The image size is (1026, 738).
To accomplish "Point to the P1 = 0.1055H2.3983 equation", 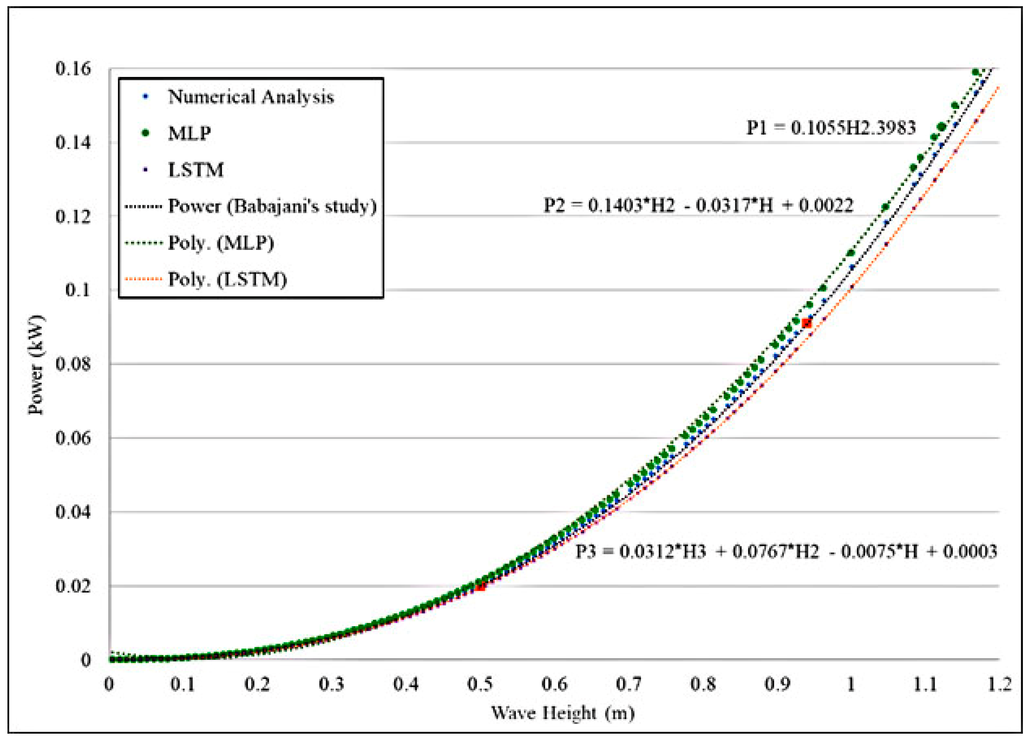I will point(831,128).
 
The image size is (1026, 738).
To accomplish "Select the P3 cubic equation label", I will point(786,551).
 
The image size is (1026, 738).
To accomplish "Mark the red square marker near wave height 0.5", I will point(481,586).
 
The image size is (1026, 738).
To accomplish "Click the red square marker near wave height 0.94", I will point(806,323).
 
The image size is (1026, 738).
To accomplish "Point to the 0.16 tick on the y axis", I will point(73,69).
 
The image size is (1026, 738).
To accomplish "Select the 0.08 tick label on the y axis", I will point(73,364).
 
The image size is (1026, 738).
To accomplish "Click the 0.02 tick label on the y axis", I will point(73,586).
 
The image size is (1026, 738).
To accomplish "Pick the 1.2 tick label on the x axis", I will point(999,684).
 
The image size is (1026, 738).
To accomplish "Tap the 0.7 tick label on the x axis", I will point(628,684).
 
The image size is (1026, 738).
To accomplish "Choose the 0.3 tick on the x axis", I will point(332,684).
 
